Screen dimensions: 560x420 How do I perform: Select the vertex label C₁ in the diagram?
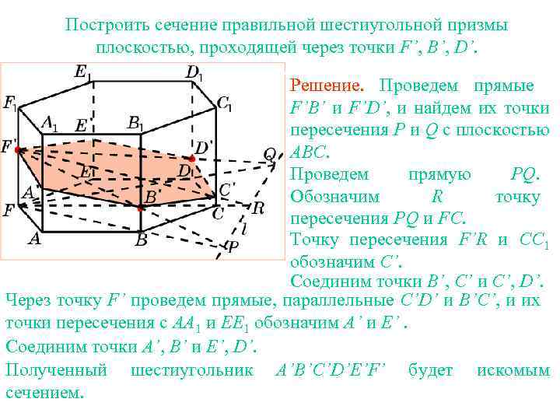coord(224,103)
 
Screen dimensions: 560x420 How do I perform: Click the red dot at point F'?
coord(16,148)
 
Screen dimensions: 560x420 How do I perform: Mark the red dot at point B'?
coord(140,208)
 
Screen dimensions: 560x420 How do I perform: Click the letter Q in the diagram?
coord(270,154)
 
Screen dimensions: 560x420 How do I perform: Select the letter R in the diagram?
coord(258,208)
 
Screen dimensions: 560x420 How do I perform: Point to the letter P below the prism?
coord(232,247)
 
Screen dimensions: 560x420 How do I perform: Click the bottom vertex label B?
coord(141,241)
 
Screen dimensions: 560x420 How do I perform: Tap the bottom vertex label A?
coord(33,239)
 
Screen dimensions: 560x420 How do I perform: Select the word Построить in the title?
coord(103,25)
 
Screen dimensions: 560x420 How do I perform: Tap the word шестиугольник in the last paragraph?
coord(192,370)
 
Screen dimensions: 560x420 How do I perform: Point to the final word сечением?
coord(44,393)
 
